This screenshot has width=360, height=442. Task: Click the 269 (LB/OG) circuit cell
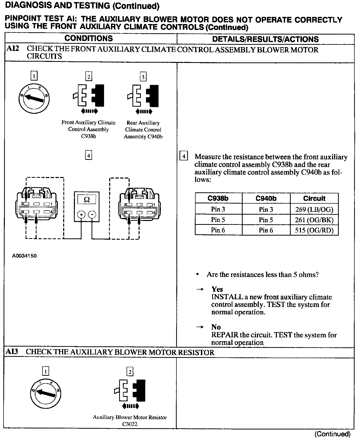coord(314,209)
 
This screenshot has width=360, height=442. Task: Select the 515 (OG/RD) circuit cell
coord(314,230)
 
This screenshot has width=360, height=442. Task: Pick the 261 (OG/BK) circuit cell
coord(314,220)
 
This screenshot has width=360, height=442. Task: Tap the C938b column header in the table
coord(218,198)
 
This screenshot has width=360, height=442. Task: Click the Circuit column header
coord(314,198)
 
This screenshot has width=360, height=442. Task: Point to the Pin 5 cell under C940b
coord(266,220)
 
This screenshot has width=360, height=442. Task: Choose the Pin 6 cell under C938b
coord(218,230)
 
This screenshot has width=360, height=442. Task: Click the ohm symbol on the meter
coord(87,200)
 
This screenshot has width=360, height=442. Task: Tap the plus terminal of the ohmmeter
coord(81,215)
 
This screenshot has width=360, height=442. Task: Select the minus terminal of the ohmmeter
coord(92,215)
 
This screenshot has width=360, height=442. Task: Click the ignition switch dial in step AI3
coord(46,393)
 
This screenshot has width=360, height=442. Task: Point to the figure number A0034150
coord(24,256)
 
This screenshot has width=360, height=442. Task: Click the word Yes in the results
coord(217,289)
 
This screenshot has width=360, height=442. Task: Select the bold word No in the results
coord(216,327)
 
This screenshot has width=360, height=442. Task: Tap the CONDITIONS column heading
coord(88,39)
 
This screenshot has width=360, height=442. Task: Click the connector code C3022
coord(130,424)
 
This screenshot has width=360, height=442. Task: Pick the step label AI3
coord(12,352)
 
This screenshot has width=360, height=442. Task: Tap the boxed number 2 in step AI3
coord(130,371)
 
